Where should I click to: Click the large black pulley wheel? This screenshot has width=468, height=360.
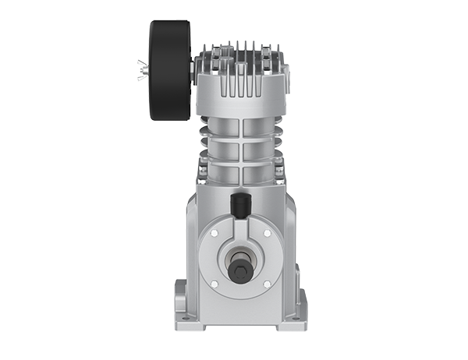(x=168, y=70)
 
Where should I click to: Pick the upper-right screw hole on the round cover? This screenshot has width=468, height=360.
(x=267, y=233)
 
